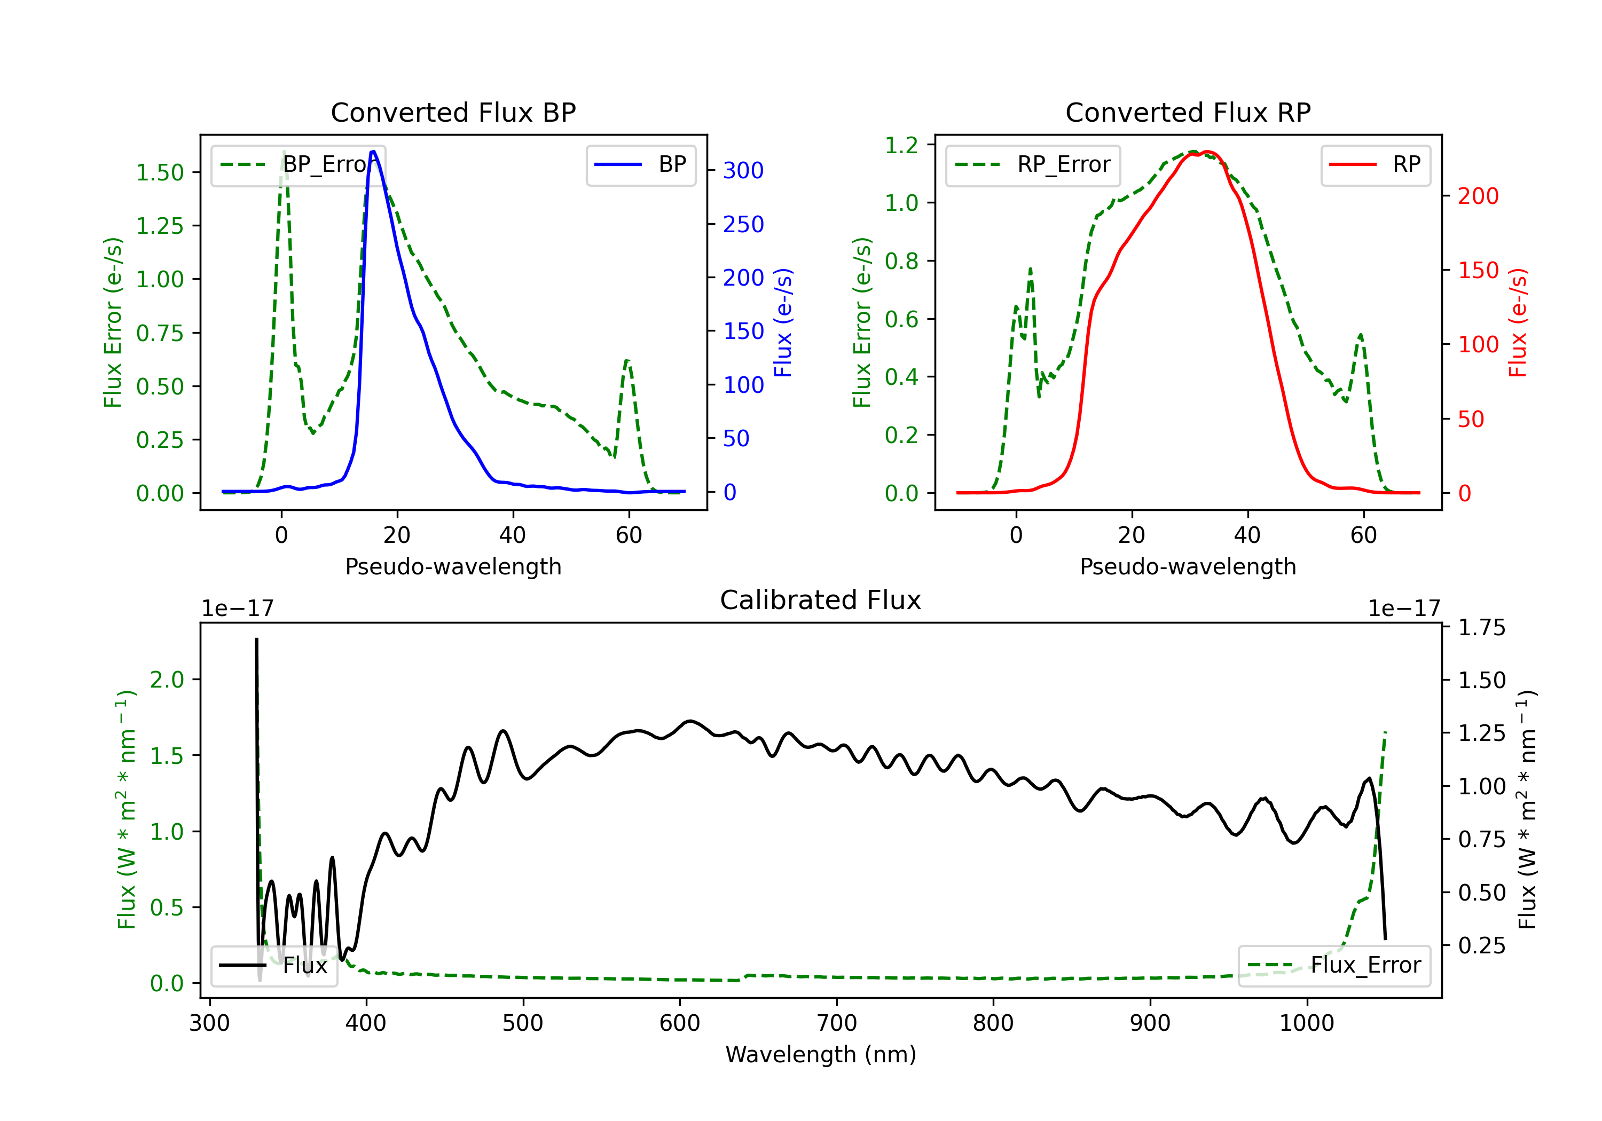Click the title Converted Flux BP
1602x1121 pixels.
tap(453, 112)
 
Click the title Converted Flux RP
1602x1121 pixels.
tap(1188, 112)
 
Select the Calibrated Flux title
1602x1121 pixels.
tap(821, 600)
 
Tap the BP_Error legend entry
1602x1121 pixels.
tap(298, 164)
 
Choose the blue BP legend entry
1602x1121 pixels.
tap(640, 164)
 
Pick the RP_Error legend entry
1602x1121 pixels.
tap(1033, 164)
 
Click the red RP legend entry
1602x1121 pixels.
tap(1375, 164)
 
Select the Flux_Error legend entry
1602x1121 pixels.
tap(1333, 966)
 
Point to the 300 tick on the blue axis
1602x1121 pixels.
tap(743, 170)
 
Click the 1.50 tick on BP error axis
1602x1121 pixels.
tap(160, 172)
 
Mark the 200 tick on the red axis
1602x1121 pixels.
tap(1478, 196)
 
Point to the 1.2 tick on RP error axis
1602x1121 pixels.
tap(901, 145)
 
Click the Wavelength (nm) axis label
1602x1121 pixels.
tap(821, 1055)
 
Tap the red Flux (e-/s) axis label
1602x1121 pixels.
tap(1518, 323)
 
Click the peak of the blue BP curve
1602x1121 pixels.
tap(373, 152)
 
